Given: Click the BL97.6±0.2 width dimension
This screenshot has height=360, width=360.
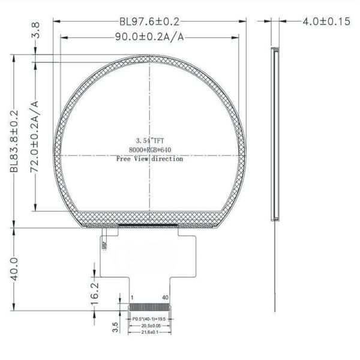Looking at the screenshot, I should point(149,21).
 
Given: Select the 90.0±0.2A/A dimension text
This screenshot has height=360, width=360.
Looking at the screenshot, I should point(149,37).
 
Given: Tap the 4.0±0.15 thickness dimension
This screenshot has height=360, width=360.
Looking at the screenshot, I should point(326,21).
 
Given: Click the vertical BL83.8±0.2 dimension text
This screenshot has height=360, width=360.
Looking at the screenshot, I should point(14,142).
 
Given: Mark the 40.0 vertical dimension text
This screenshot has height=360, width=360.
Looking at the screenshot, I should point(14,269).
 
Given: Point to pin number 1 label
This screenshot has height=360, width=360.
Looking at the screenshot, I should point(131,298).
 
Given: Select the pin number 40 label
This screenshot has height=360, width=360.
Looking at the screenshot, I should point(165,298).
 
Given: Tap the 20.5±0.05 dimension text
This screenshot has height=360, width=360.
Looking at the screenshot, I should point(149,326).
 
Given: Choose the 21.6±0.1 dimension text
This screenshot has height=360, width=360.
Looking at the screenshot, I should point(149,332).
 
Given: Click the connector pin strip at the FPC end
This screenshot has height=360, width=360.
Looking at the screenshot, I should point(149,307).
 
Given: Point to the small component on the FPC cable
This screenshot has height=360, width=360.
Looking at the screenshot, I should point(104,245).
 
